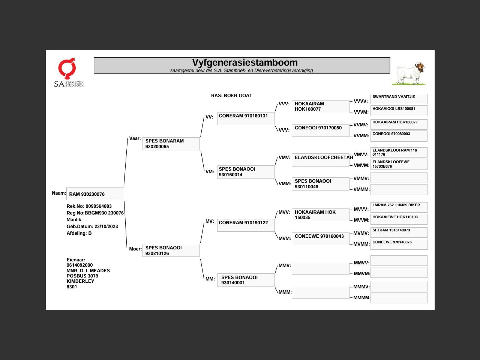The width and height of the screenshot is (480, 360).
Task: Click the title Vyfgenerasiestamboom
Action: pos(245,63)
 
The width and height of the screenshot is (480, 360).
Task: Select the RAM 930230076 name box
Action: pos(95,194)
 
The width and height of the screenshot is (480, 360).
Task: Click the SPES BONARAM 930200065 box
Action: pos(171,144)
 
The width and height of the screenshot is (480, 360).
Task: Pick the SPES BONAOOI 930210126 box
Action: pos(171,250)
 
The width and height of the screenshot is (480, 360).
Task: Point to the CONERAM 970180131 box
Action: pos(246,118)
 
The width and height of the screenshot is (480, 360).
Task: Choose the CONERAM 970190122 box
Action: pos(246,225)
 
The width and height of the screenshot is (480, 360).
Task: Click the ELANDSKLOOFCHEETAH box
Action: pos(321,159)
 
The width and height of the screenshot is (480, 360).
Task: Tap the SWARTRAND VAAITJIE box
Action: pos(399,99)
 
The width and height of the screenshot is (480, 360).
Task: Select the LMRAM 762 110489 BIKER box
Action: pos(399,207)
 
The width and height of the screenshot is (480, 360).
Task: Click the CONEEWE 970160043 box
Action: pos(321,239)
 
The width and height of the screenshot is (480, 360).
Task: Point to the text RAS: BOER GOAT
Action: pos(231,96)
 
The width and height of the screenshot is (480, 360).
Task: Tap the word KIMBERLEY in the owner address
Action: pos(80,281)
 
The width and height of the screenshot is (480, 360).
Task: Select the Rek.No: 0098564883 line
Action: pos(89,206)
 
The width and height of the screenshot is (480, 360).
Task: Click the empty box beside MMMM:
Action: pos(399,298)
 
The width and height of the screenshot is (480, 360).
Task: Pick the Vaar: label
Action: pos(135,138)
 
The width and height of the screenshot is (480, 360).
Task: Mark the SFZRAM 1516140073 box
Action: pos(399,232)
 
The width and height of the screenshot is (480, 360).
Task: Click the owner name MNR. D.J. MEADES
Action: pos(88,271)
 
